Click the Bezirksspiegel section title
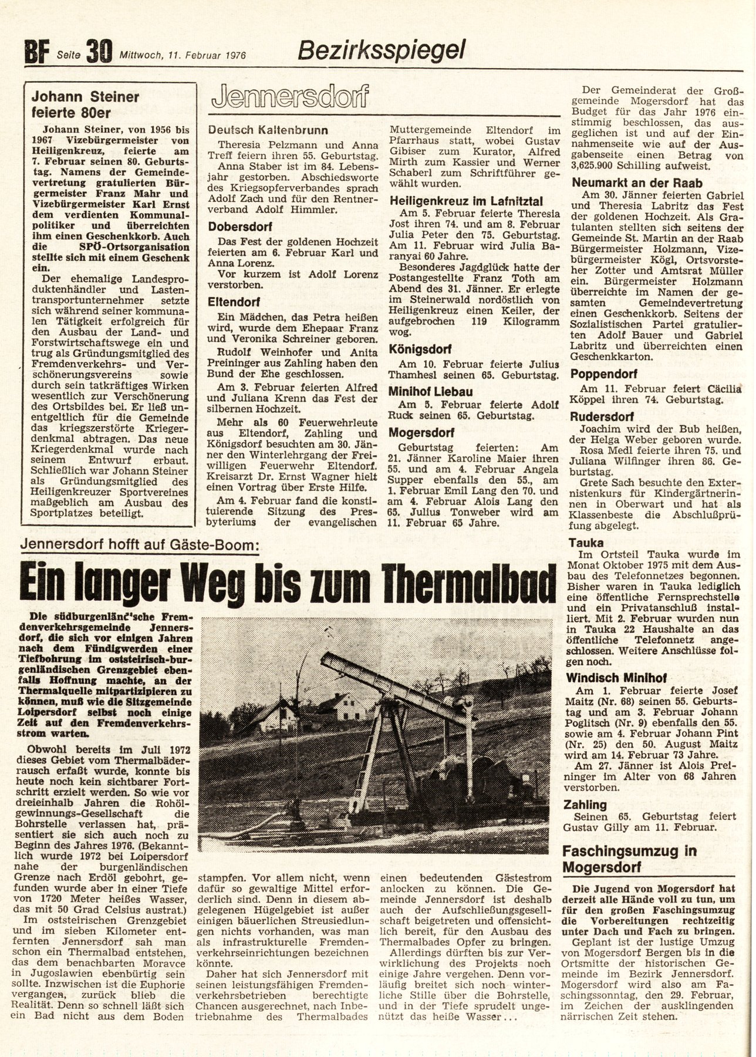click(382, 51)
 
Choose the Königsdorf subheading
click(418, 349)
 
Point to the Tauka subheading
click(587, 543)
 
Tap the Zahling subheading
click(588, 804)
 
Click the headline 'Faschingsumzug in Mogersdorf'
click(629, 858)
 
